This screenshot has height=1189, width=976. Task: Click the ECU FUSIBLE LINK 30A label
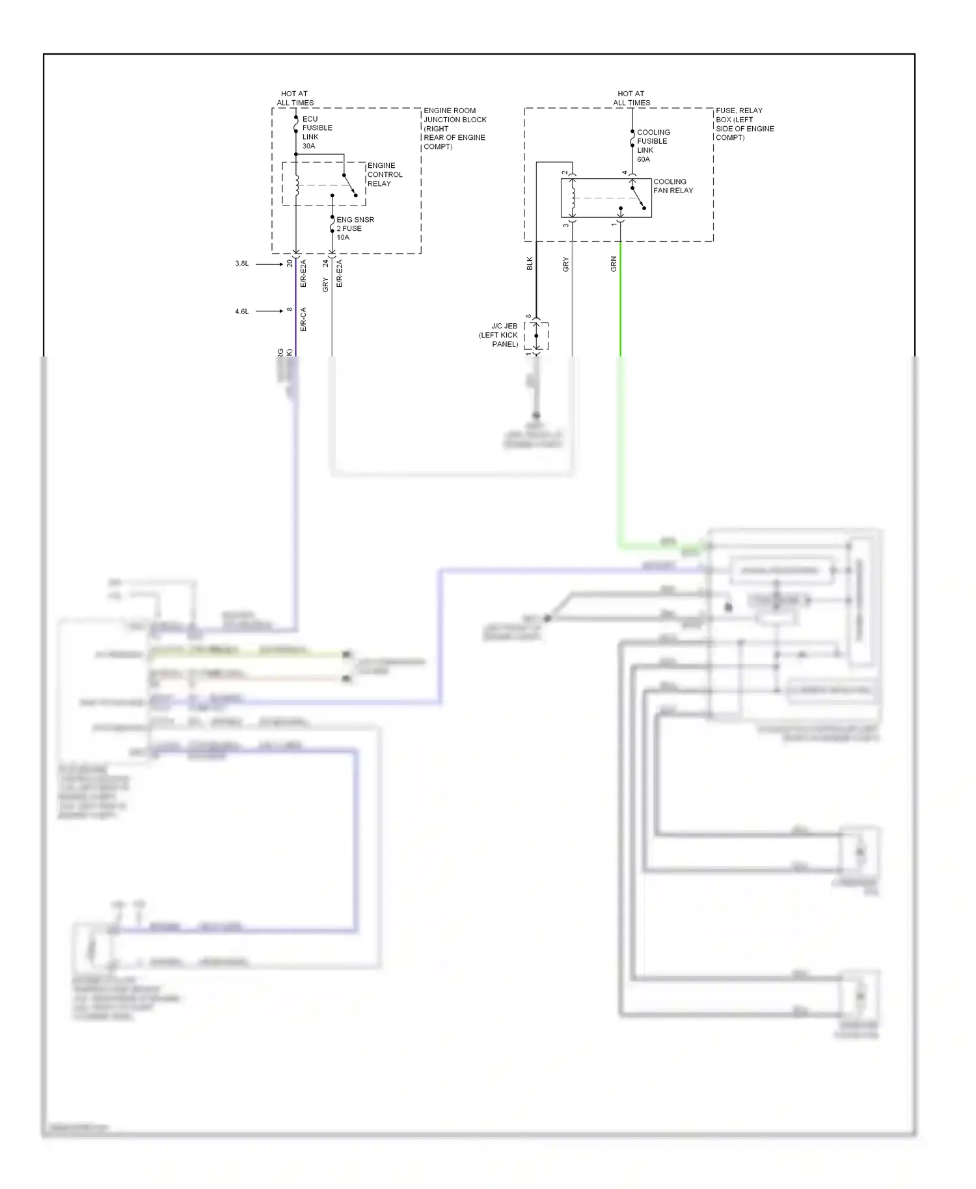[317, 133]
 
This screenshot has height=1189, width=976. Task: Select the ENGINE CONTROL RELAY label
[385, 174]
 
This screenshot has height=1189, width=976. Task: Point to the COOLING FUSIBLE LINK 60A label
[653, 146]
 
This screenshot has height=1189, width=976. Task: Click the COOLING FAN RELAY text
[673, 186]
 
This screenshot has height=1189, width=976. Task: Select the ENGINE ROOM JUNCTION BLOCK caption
[455, 128]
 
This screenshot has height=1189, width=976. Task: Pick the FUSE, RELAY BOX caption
[744, 124]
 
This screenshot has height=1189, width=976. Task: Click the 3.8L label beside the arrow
[241, 263]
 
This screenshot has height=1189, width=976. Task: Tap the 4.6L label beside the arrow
[241, 312]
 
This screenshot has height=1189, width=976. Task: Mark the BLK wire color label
[530, 263]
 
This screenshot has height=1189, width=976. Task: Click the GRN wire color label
[614, 263]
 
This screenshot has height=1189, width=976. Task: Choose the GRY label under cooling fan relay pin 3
[565, 264]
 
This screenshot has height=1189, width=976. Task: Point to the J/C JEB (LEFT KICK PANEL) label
[500, 335]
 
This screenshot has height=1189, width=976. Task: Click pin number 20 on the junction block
[290, 263]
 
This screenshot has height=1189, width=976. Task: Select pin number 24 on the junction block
[325, 263]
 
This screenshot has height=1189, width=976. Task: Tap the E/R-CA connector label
[303, 319]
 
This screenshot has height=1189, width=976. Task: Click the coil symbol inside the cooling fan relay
[572, 198]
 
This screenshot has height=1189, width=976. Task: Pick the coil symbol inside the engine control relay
[297, 184]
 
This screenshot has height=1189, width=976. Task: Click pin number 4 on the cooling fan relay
[625, 173]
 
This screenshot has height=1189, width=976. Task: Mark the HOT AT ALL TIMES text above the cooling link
[631, 98]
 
